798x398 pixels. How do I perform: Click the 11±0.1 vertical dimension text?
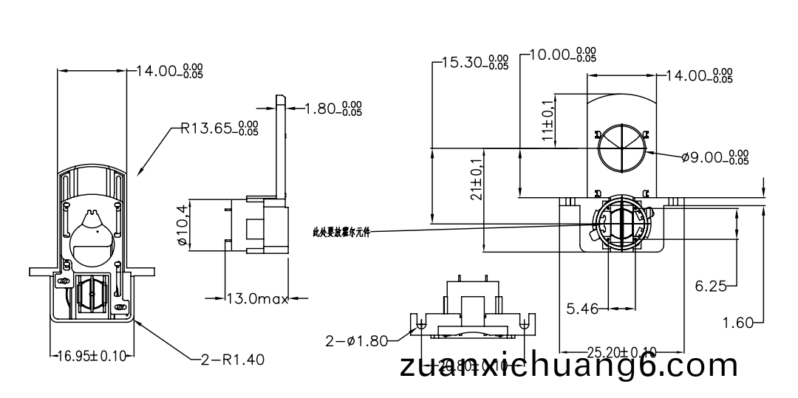pyautogui.click(x=548, y=120)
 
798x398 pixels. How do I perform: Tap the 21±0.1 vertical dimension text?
pyautogui.click(x=476, y=179)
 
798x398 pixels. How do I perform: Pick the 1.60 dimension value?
pyautogui.click(x=737, y=322)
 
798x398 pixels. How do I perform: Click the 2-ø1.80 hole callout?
pyautogui.click(x=357, y=341)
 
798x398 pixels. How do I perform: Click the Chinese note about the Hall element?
pyautogui.click(x=340, y=232)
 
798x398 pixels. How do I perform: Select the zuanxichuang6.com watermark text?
pyautogui.click(x=568, y=366)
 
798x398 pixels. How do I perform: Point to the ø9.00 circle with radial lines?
pyautogui.click(x=621, y=147)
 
